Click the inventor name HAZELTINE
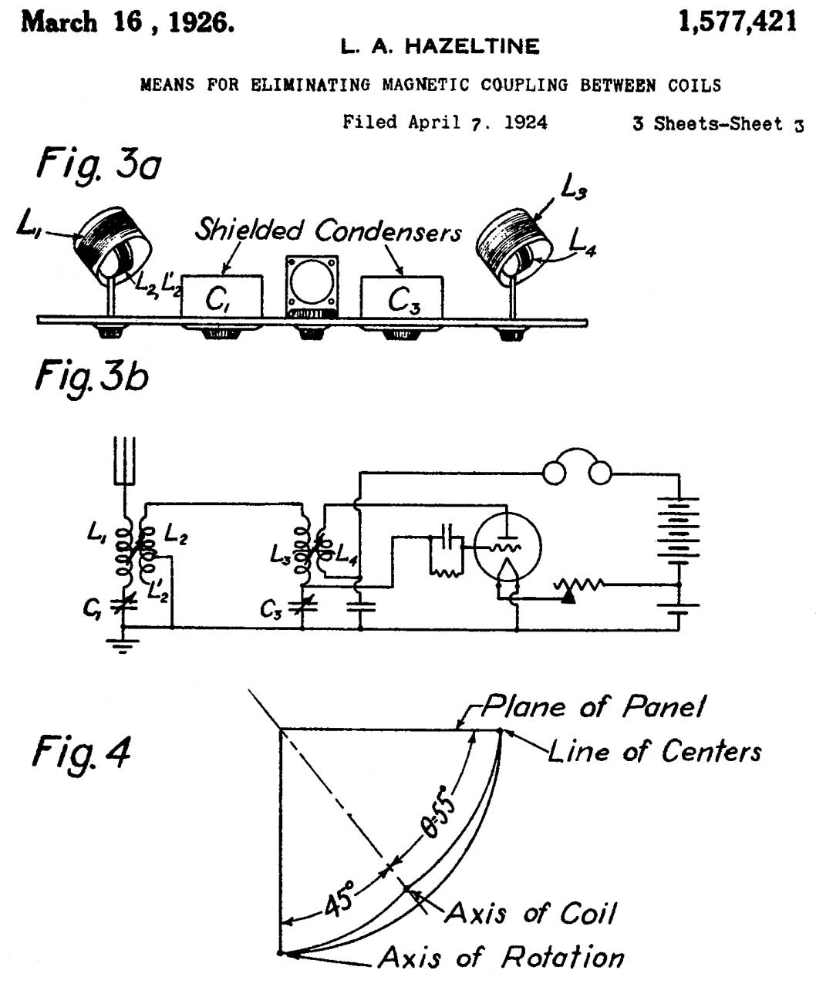[473, 48]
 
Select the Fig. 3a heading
[99, 165]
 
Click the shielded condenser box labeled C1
[221, 297]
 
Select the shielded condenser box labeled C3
[402, 297]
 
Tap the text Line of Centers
[655, 751]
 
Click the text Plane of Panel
[593, 706]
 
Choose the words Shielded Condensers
[328, 230]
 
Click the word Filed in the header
[370, 123]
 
